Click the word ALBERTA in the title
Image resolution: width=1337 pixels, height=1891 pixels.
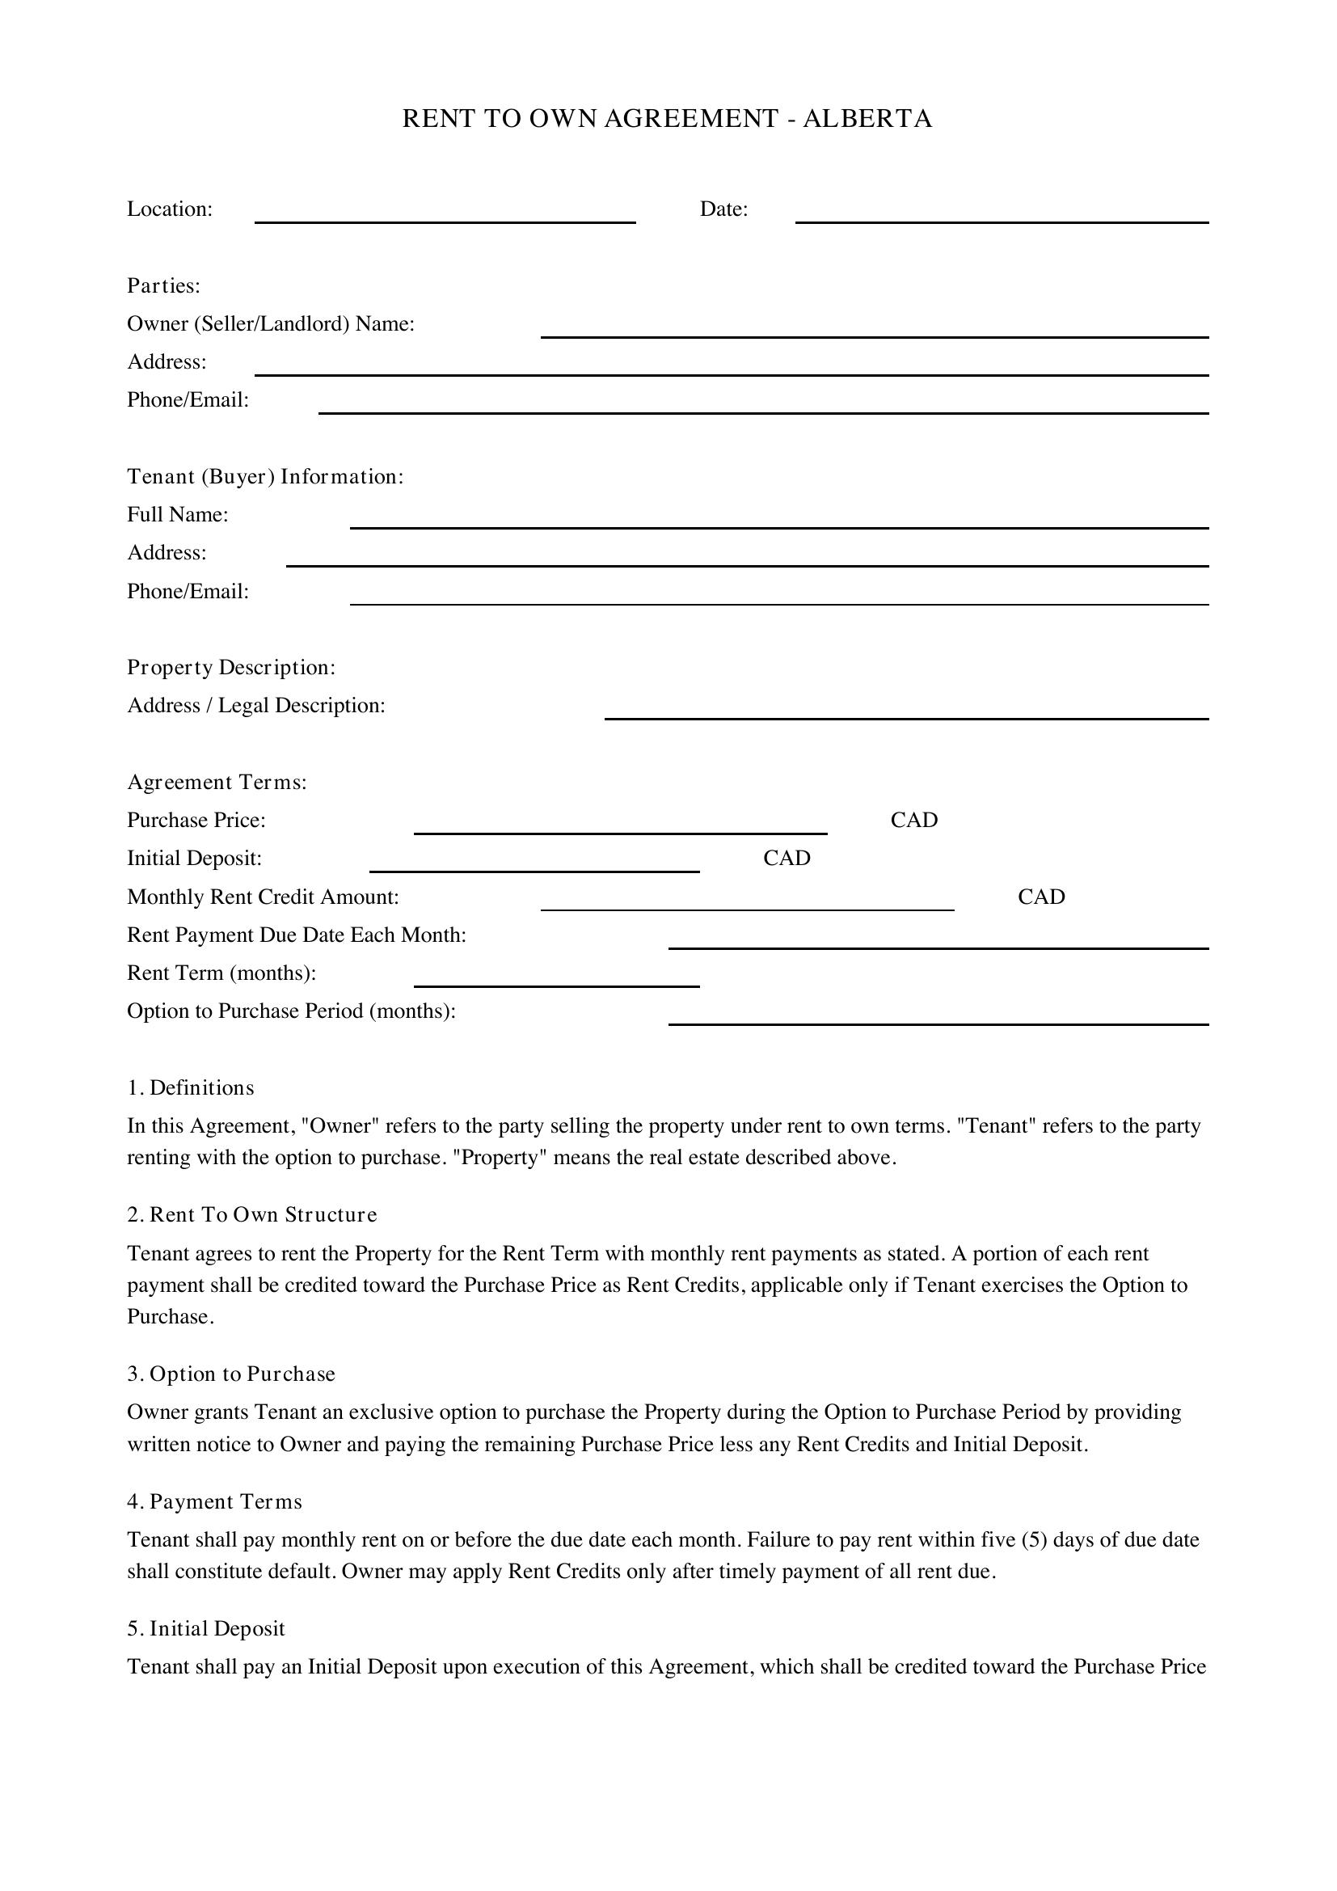tap(867, 120)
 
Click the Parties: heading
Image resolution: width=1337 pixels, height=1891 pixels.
tap(163, 285)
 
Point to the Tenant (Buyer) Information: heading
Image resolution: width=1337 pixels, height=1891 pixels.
tap(265, 477)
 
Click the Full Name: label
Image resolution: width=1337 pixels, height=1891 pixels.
tap(177, 515)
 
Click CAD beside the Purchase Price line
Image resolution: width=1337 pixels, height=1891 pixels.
tap(914, 821)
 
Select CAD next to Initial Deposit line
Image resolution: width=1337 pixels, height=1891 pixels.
tap(787, 859)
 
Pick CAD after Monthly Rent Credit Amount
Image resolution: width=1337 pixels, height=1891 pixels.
tap(1040, 897)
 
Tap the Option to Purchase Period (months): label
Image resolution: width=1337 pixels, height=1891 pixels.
tap(291, 1011)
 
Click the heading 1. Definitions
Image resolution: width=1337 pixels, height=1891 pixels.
tap(190, 1088)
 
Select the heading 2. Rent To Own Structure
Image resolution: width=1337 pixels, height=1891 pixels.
tap(252, 1215)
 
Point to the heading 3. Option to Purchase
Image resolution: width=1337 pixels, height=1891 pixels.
tap(230, 1374)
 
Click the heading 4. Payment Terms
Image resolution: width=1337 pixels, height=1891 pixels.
tap(214, 1501)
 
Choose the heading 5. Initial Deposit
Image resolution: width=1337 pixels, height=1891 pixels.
tap(205, 1628)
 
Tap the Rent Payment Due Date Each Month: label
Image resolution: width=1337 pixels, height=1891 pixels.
tap(297, 935)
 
